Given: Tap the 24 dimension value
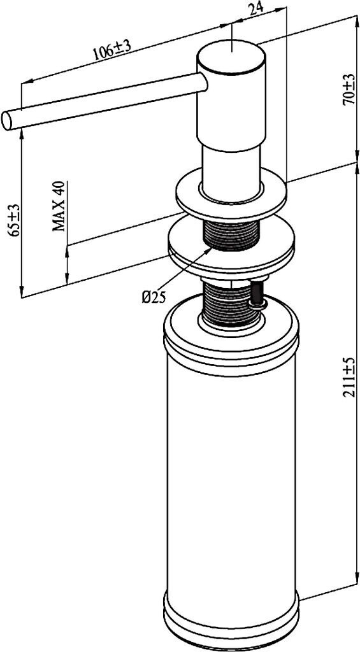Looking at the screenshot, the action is click(255, 8).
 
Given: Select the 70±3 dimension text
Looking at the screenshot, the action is click(349, 89).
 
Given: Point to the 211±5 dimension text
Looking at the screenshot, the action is click(349, 377).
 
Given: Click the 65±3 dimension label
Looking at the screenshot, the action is click(15, 220).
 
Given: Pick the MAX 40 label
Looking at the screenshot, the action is click(59, 206).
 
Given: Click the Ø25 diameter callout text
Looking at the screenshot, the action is click(153, 297).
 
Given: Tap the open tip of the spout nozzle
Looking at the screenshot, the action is click(7, 120).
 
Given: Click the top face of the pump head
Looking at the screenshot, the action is click(231, 53).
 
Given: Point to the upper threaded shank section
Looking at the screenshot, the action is click(230, 236).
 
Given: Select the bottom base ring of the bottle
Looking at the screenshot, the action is click(231, 628).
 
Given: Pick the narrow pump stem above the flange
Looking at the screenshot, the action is click(231, 171).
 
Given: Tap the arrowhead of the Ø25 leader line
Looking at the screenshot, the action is click(211, 249).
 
